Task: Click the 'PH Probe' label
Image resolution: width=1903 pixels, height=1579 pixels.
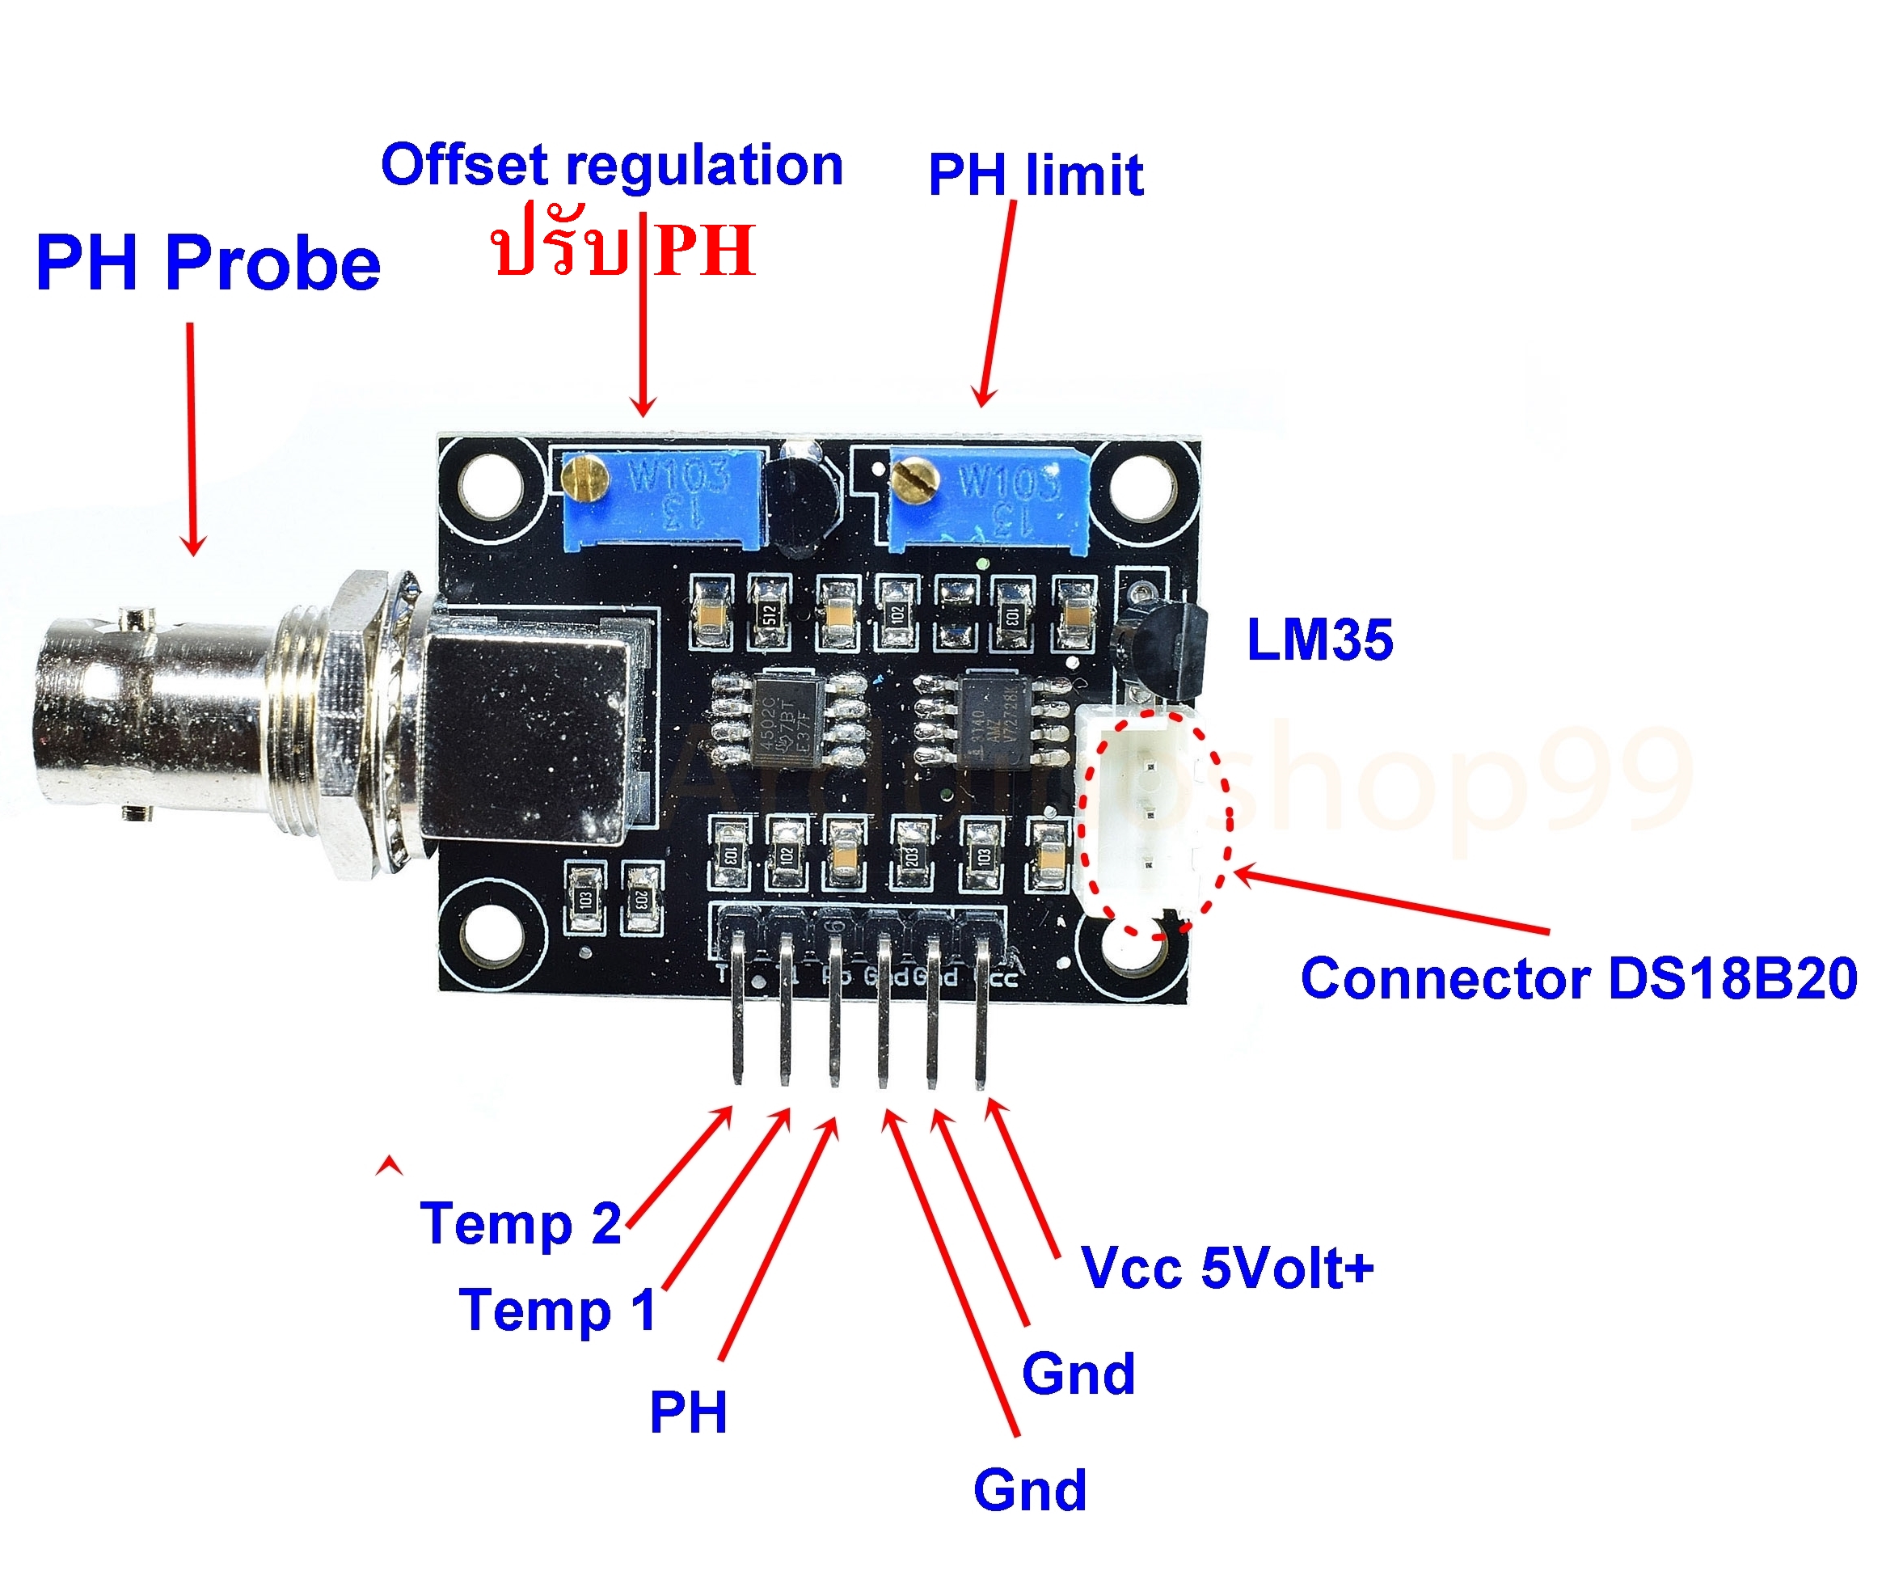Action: click(208, 263)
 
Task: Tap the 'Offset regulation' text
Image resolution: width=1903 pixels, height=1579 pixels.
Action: click(612, 165)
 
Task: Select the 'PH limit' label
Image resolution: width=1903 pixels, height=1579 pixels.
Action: click(1036, 174)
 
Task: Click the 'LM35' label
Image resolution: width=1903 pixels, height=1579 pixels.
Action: click(1319, 640)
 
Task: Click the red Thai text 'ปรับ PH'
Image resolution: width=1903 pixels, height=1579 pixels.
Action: click(623, 249)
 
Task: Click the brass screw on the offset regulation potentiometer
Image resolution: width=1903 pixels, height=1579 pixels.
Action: click(585, 478)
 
